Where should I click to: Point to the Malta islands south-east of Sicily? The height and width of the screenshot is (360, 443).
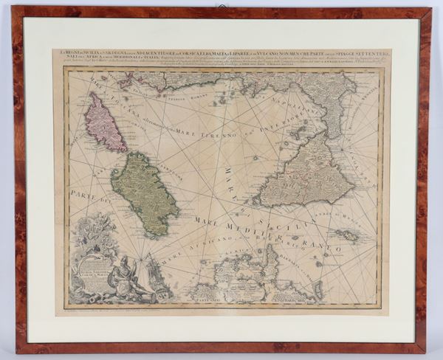tap(346, 235)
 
